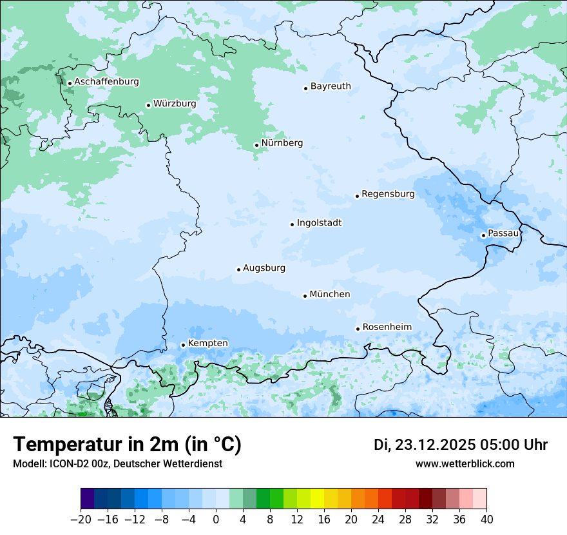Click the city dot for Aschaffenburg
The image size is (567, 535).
70,83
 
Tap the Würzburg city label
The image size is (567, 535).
175,104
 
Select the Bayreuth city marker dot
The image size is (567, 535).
306,88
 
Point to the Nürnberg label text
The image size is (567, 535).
282,143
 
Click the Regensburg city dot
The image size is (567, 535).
357,196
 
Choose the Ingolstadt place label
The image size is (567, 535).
319,223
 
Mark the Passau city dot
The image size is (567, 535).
483,235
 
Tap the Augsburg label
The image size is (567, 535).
264,268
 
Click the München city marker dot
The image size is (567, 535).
305,296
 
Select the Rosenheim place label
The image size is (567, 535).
387,327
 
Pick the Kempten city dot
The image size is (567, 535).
183,345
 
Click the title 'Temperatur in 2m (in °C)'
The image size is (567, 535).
127,444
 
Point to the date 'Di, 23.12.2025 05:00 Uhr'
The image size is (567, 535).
461,445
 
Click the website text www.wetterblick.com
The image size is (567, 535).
465,463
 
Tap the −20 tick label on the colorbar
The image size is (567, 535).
81,520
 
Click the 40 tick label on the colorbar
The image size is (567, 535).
486,520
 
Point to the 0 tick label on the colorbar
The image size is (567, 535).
216,520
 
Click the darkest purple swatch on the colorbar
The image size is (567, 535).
87,499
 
